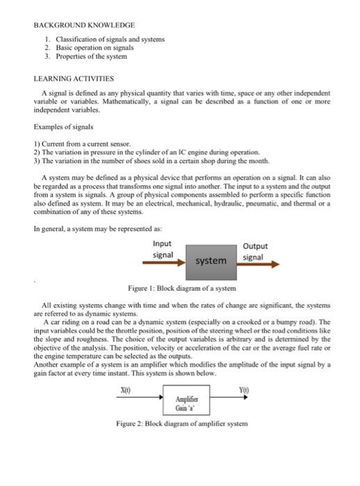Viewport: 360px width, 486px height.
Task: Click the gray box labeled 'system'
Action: (210, 260)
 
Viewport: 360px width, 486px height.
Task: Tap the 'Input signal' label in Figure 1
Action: (163, 250)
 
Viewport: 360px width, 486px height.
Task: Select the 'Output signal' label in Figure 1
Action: (255, 251)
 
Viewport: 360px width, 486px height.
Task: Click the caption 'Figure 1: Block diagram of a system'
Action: (182, 287)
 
